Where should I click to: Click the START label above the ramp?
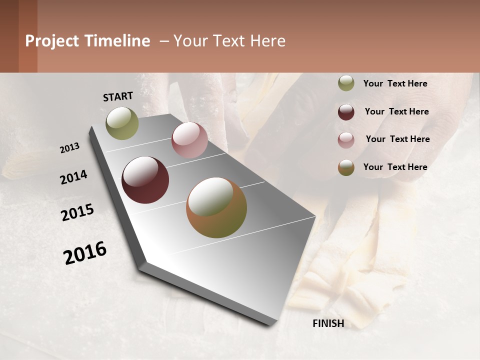click(118, 96)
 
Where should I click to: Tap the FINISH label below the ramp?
click(328, 323)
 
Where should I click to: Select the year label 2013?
click(69, 148)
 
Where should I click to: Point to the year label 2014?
click(73, 177)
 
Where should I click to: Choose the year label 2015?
click(77, 212)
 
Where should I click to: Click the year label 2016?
click(85, 253)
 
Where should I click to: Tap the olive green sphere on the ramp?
click(122, 123)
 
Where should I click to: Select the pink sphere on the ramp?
click(189, 140)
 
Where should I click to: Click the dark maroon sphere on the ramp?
click(145, 180)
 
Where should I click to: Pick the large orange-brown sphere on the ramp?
click(216, 207)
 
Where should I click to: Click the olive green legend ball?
click(346, 83)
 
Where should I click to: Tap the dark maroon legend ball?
click(346, 112)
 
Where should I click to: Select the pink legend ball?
click(346, 139)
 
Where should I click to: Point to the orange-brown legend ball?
click(346, 167)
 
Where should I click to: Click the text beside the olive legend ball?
click(395, 84)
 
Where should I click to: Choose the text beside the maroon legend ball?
click(396, 111)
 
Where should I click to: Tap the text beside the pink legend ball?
click(397, 139)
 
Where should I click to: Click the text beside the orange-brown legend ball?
click(395, 167)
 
